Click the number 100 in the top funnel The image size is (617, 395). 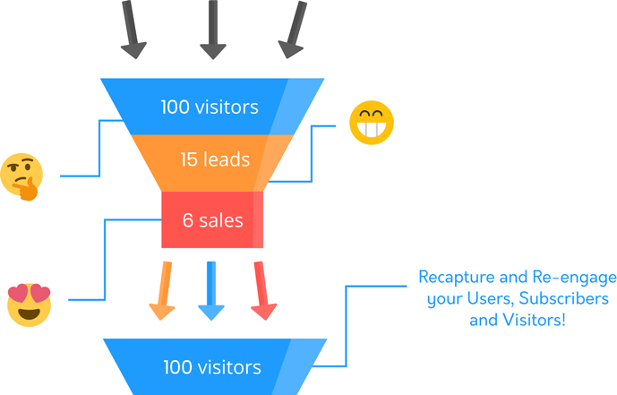coord(176,107)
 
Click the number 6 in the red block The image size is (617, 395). coord(188,219)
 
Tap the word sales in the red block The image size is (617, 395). coord(221,219)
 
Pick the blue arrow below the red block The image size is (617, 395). coord(210,290)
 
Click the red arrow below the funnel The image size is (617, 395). coord(261,290)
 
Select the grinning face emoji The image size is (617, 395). coord(371,124)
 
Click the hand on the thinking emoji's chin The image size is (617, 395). coord(30,189)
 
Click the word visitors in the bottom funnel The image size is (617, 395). coord(230,367)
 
